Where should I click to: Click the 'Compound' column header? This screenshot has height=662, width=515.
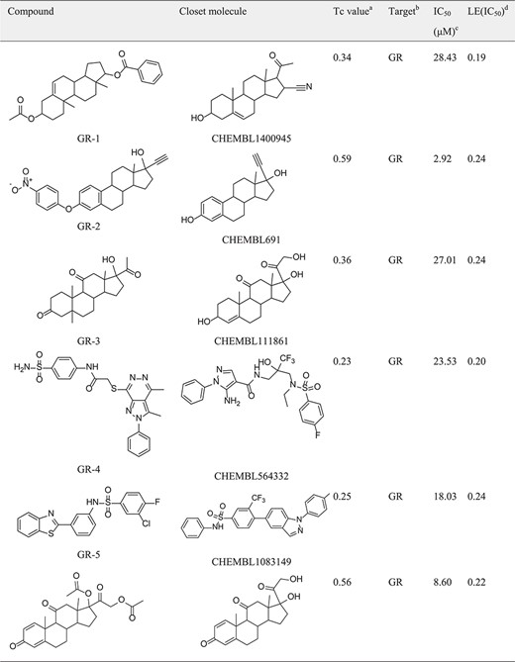(31, 12)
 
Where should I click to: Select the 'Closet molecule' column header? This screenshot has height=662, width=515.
(213, 12)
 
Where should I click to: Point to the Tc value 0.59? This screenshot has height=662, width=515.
(342, 158)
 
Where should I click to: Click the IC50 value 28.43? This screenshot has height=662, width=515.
(445, 57)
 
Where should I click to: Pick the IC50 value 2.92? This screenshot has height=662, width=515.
(443, 158)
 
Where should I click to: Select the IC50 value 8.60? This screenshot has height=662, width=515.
(443, 582)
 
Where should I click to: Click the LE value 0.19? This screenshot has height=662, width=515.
(476, 57)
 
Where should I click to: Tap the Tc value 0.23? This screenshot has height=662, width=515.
(342, 361)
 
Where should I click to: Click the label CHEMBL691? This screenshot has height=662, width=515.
(252, 239)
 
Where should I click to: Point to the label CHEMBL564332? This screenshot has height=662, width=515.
(252, 476)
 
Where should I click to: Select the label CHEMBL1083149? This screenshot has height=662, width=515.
(252, 562)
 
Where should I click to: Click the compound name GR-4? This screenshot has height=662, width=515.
(89, 469)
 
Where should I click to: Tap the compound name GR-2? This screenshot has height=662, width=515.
(89, 226)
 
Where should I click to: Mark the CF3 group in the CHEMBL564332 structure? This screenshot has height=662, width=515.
(286, 360)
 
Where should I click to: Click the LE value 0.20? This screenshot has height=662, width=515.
(476, 361)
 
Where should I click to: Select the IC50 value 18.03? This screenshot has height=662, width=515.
(445, 497)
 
